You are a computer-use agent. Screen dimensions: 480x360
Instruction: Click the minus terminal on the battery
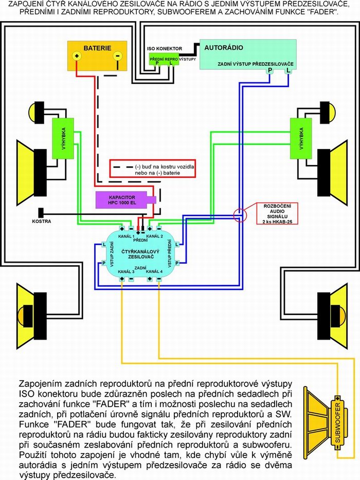coord(117,56)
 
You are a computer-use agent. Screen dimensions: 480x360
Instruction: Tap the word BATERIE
coord(97,48)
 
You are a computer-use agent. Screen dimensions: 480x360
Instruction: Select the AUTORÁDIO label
coord(224,48)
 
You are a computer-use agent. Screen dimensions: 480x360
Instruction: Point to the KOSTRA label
coord(42,221)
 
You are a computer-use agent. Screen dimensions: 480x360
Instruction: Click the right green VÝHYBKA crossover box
coord(301,138)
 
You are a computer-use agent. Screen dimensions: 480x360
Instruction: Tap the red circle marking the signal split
coord(241,215)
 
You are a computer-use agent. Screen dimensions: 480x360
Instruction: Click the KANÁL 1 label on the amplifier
coord(125,236)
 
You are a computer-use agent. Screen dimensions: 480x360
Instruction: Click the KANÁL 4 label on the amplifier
coord(154,271)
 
